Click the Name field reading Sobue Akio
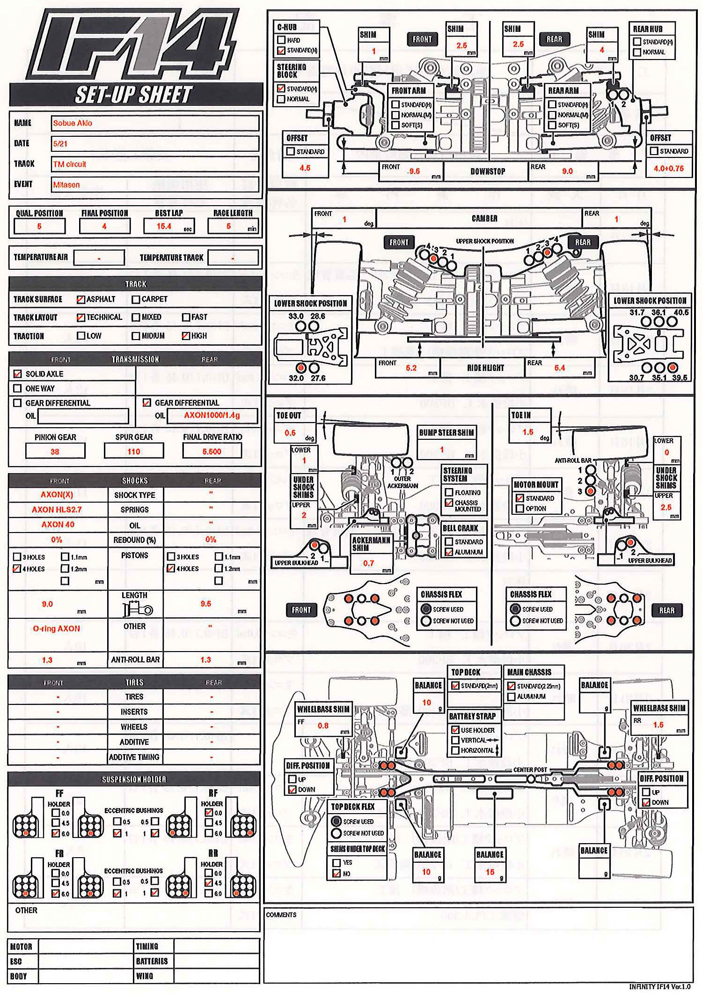[154, 123]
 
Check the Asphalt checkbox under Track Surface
[80, 299]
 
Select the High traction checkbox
[186, 336]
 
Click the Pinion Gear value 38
[55, 452]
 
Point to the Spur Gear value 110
[134, 452]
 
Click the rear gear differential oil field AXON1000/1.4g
[212, 415]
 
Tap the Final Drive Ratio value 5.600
[212, 452]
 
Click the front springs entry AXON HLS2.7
[57, 510]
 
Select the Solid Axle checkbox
[18, 374]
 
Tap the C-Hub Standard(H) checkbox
[281, 50]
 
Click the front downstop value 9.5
[414, 171]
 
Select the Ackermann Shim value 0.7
[369, 563]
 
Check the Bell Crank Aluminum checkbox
[449, 552]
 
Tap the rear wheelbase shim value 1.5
[658, 725]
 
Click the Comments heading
[281, 915]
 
